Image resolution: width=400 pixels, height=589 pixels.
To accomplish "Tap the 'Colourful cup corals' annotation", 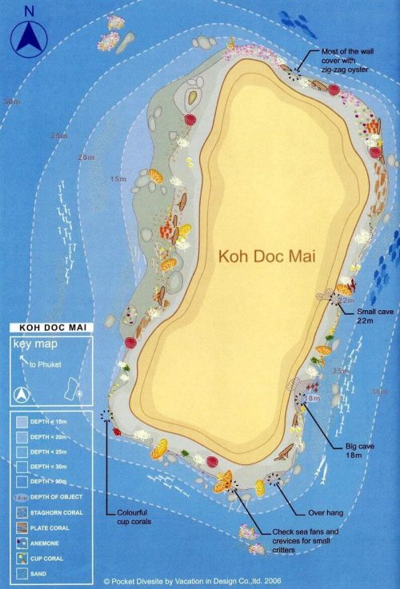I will [x=130, y=516].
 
